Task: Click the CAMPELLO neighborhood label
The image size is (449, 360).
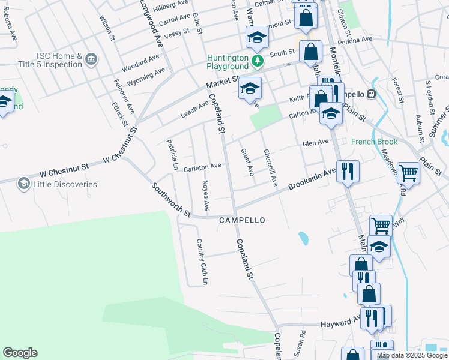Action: (x=242, y=220)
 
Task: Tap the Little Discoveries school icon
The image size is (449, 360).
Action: (x=24, y=183)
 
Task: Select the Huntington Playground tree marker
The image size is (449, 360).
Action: (x=257, y=60)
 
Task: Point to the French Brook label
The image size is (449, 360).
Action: (x=375, y=142)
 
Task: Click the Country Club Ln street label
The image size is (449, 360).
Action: (x=202, y=262)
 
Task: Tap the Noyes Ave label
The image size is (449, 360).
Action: (x=205, y=196)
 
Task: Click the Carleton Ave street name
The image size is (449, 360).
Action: (x=203, y=166)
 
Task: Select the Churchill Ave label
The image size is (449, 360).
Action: (x=270, y=167)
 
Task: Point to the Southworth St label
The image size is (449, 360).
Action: (x=171, y=200)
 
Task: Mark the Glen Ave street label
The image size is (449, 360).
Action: (x=316, y=143)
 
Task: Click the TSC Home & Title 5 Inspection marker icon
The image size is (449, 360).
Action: (x=91, y=58)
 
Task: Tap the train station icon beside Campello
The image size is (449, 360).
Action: (x=371, y=94)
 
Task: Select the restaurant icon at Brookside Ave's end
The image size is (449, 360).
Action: (x=348, y=172)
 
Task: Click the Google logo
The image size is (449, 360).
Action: (x=20, y=353)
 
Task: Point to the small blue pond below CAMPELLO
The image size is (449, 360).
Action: (x=303, y=239)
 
